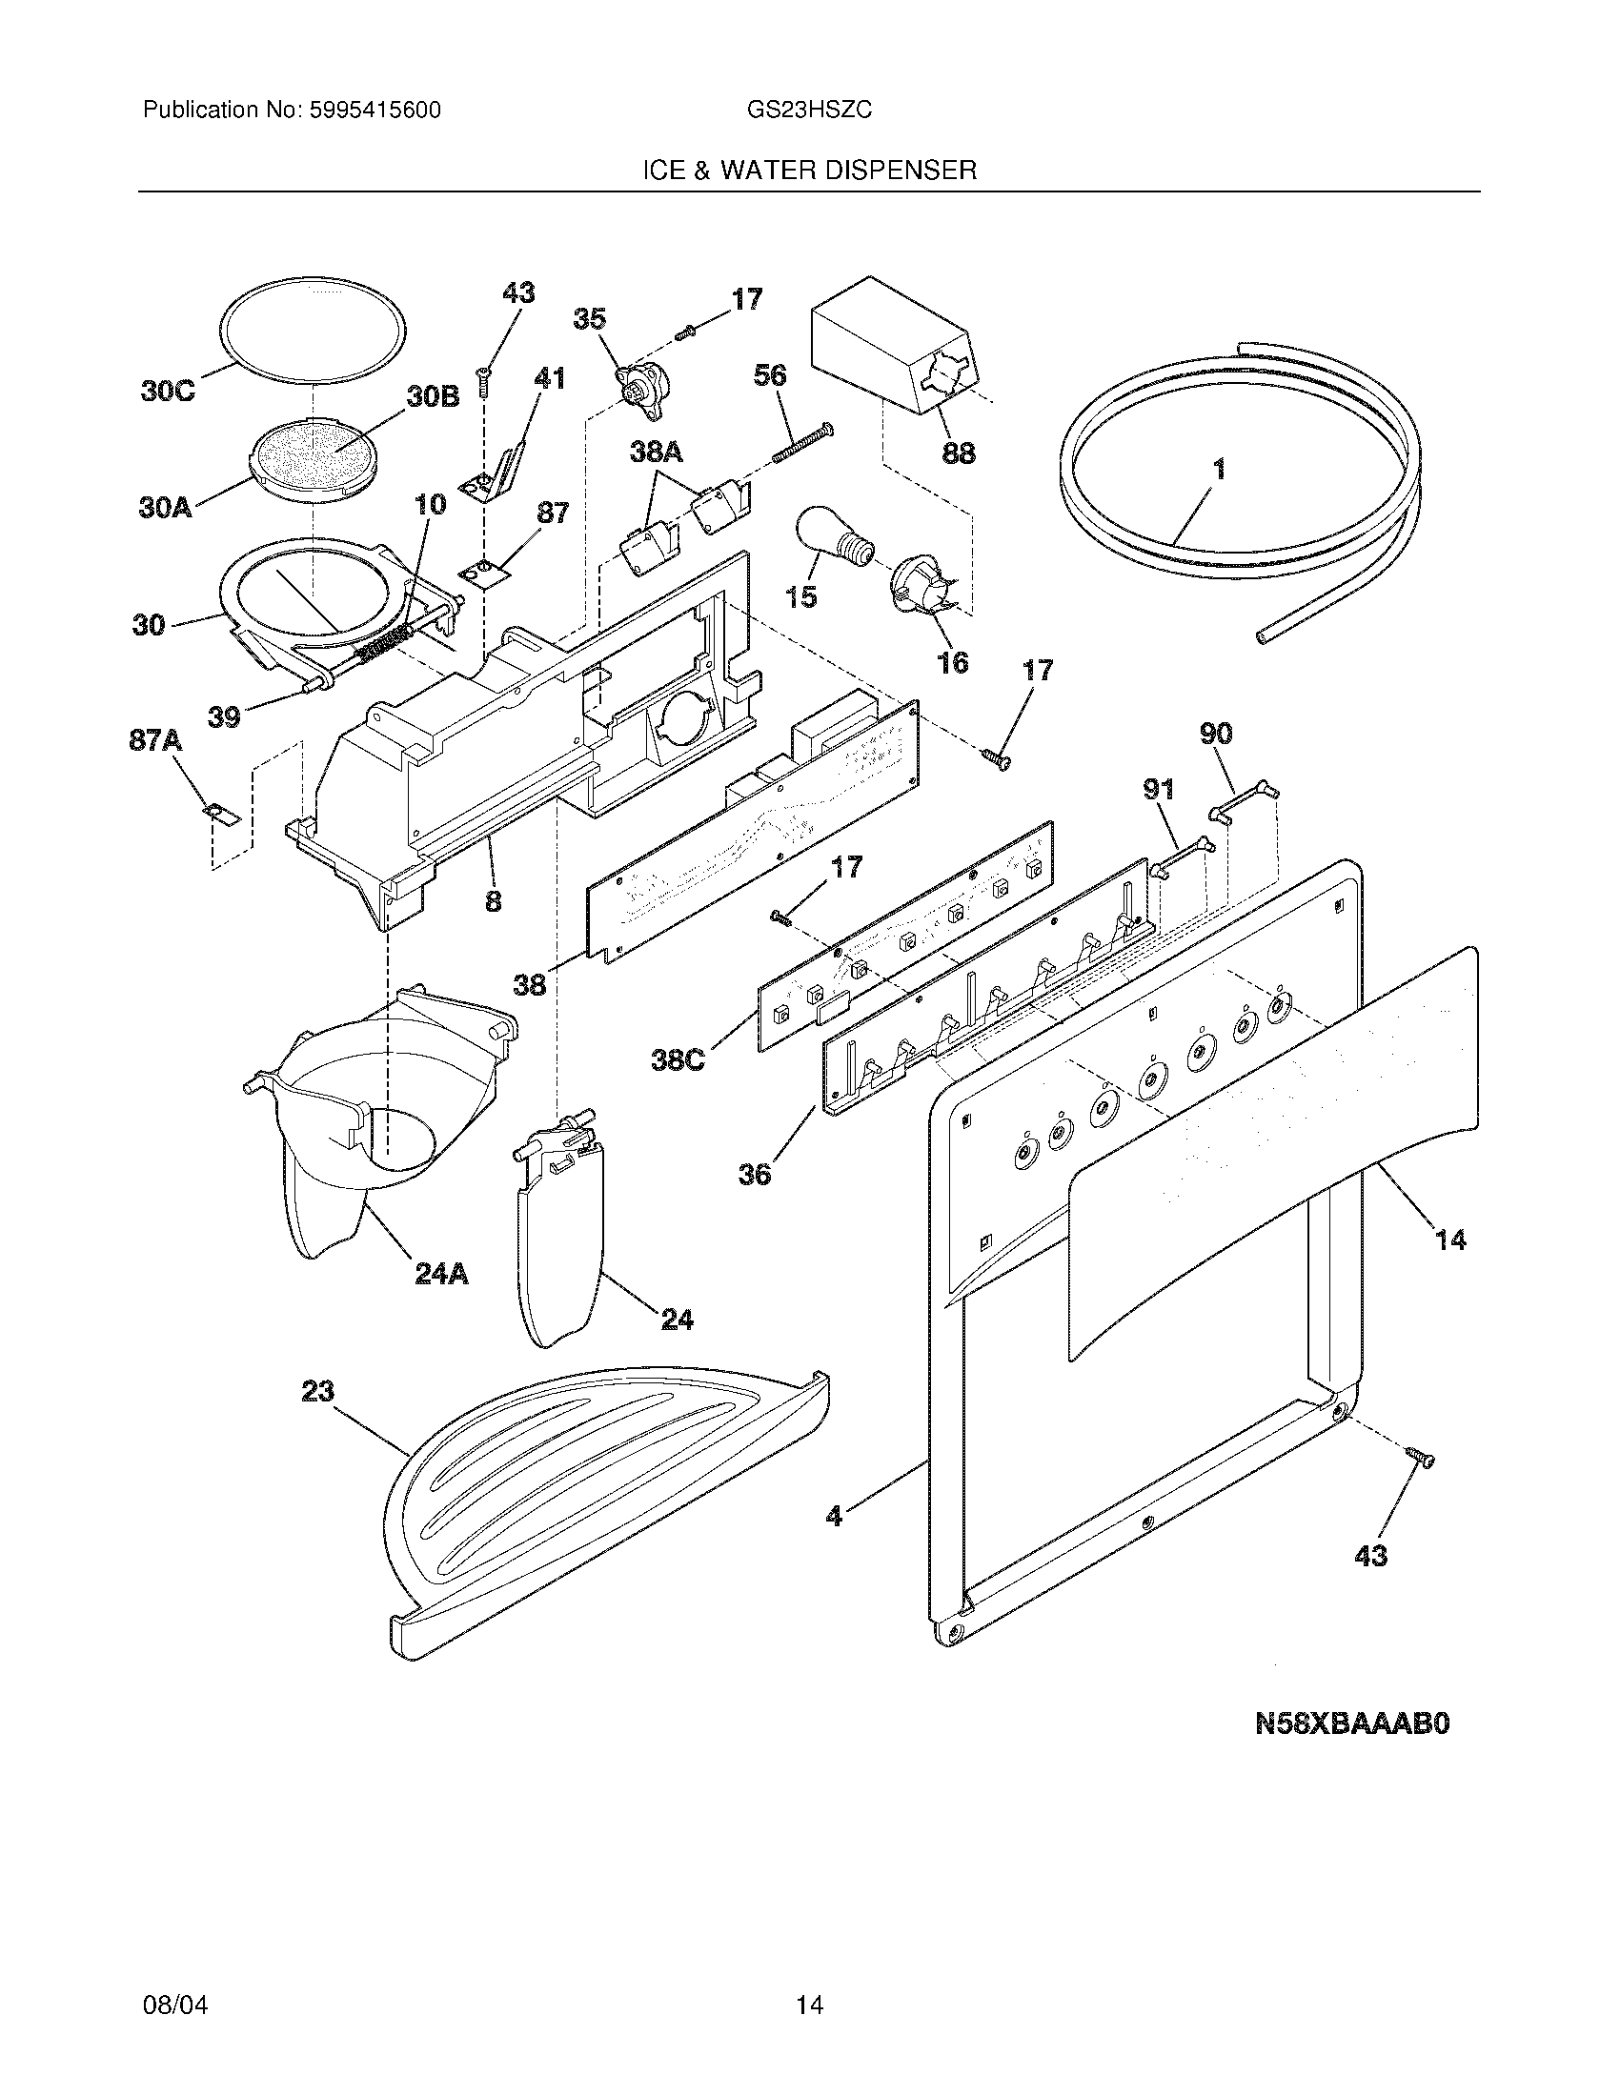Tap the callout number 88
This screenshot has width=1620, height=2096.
958,453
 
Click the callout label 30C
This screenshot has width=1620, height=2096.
167,392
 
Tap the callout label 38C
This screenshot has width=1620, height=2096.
678,1061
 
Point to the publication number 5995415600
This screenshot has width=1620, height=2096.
375,111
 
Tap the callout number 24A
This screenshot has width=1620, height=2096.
441,1274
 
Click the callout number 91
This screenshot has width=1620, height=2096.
1159,790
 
